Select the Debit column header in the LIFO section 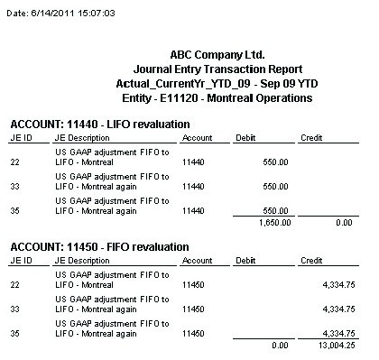245,137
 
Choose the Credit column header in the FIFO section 311,260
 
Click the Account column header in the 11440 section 197,137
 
